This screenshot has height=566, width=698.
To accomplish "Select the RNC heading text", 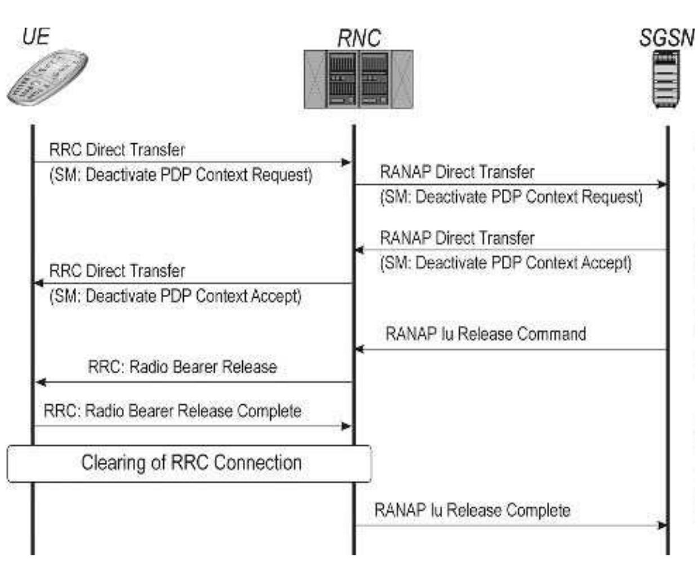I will click(359, 39).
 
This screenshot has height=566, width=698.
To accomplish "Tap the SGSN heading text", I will click(666, 38).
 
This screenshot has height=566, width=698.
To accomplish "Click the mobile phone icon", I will click(47, 77).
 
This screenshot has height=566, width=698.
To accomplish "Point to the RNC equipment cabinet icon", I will click(358, 79).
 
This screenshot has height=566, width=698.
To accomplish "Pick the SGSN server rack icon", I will click(666, 79).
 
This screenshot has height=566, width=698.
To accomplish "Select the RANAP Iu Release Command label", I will click(486, 334).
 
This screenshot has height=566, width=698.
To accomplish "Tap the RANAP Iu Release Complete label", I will click(472, 511).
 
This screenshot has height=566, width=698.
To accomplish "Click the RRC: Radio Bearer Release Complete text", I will click(172, 411).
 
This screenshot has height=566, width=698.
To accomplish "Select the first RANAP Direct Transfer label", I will click(457, 172).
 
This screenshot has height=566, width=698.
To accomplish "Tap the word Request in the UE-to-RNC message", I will click(281, 175).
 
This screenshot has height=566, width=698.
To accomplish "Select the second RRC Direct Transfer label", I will click(117, 271).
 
